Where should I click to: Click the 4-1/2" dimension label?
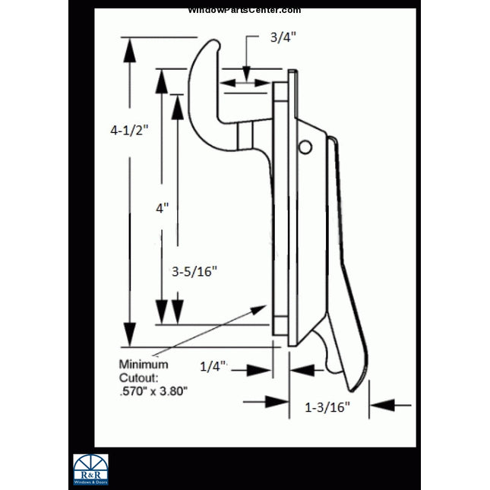coord(128,130)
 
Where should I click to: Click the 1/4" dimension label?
coord(213,366)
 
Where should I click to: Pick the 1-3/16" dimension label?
coord(327,407)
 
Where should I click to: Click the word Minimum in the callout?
coord(144,364)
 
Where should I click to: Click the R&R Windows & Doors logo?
coord(90,469)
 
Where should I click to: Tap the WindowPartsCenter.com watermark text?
coord(244,10)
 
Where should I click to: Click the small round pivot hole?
coord(305,146)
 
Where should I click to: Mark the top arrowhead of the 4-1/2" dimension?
coord(131,49)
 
